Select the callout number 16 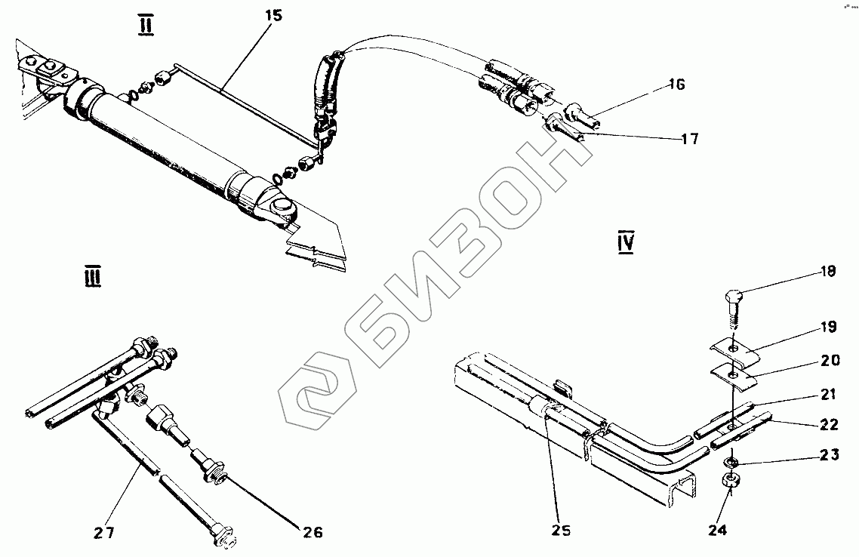tap(676, 85)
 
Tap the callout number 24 tap(717, 530)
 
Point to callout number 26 tap(313, 533)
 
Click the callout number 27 tap(104, 533)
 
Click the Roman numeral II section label tap(146, 26)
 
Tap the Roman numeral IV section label tap(625, 243)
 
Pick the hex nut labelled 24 tap(731, 480)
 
